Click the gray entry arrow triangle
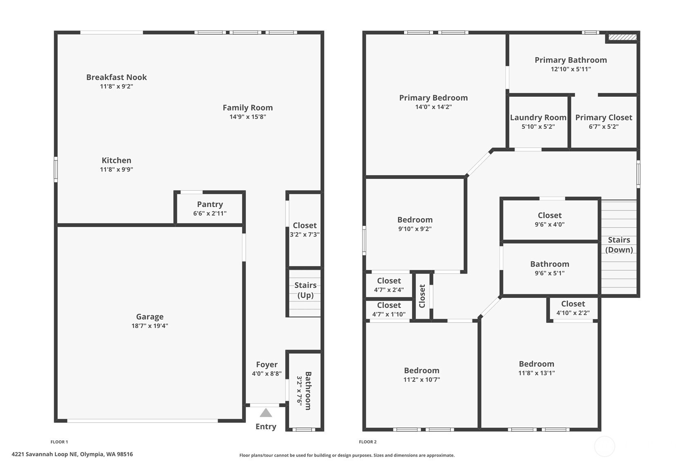[266, 413]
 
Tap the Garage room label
[150, 317]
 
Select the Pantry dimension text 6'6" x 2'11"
[210, 213]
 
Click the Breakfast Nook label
[116, 77]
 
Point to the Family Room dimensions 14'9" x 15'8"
[247, 117]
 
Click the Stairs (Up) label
[305, 290]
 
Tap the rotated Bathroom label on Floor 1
[308, 391]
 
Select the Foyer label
[267, 364]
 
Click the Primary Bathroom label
[570, 60]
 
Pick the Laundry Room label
[538, 118]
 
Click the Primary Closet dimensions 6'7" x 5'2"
[603, 127]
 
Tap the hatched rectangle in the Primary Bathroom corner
[622, 38]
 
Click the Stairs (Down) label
[619, 245]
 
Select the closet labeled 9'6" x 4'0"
[549, 219]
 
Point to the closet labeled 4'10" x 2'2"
[573, 308]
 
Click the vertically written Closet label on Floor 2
[422, 296]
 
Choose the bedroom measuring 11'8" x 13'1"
[536, 368]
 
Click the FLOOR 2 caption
[368, 442]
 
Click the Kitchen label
[116, 161]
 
